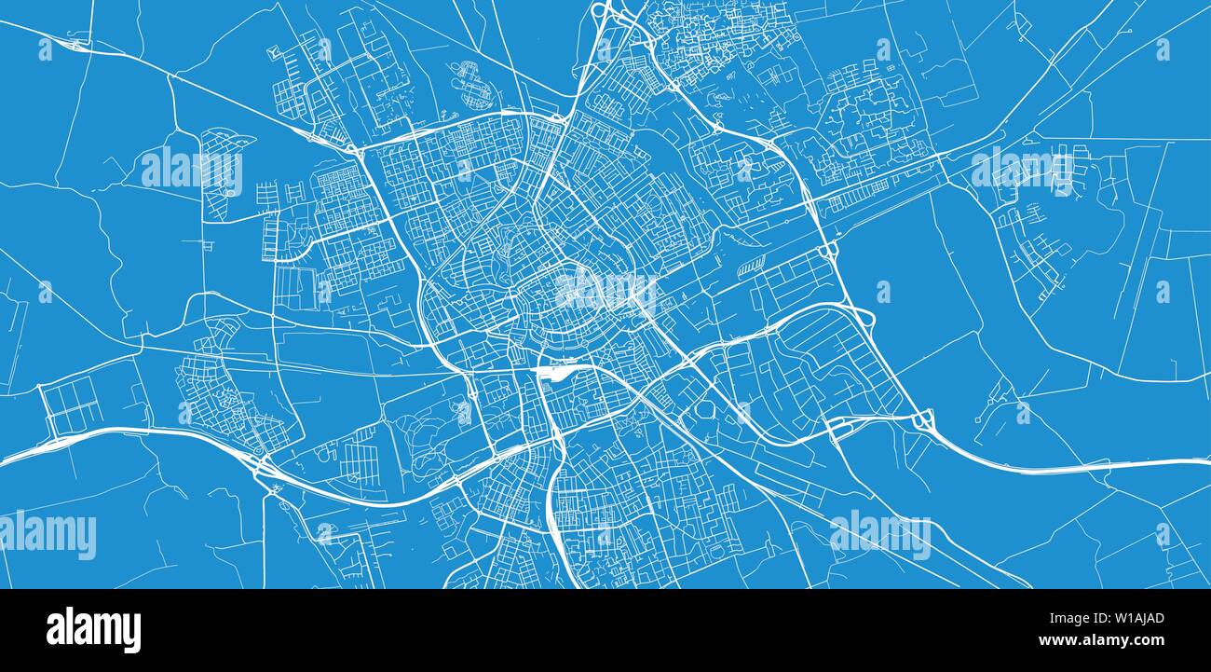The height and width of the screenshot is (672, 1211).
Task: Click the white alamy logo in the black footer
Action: point(93,630)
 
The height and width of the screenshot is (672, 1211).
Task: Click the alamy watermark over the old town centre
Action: point(606,291)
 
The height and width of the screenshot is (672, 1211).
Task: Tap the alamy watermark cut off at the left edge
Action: point(47,535)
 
